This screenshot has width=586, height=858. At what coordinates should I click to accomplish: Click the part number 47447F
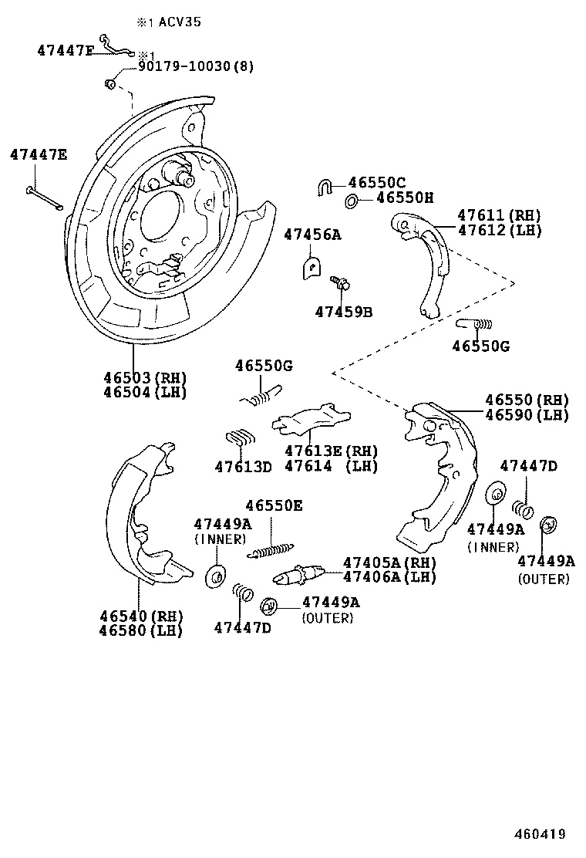(65, 51)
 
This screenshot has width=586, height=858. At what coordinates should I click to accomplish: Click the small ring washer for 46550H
(350, 201)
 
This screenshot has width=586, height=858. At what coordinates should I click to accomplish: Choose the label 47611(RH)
(499, 215)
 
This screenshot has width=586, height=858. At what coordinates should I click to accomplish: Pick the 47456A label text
(312, 234)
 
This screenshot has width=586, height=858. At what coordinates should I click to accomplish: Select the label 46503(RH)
(145, 377)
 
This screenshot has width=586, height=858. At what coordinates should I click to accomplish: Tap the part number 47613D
(243, 466)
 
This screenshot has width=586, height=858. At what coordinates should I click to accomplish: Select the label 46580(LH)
(140, 630)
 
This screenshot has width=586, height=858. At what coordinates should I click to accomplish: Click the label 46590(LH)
(527, 414)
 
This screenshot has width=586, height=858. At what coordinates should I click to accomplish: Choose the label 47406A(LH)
(389, 576)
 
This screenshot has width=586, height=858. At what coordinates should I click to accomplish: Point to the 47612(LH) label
(499, 230)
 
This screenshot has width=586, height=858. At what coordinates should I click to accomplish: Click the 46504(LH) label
(145, 392)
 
